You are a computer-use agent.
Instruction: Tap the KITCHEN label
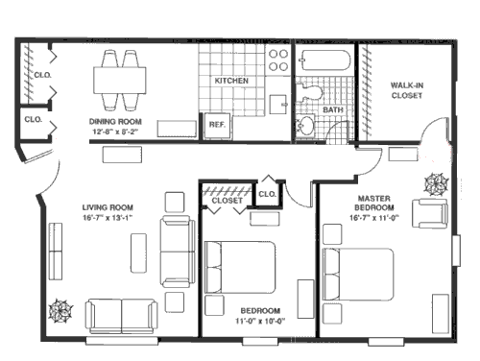(231, 81)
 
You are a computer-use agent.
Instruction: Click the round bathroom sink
(306, 127)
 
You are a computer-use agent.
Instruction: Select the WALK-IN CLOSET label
(406, 90)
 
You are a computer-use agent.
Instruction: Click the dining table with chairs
(121, 75)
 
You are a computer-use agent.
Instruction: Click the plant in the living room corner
(62, 310)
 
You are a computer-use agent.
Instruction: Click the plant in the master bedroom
(435, 181)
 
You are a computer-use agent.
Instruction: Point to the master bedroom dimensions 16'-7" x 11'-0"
(373, 220)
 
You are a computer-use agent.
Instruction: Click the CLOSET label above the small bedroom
(227, 201)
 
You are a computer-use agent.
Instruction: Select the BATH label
(333, 109)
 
